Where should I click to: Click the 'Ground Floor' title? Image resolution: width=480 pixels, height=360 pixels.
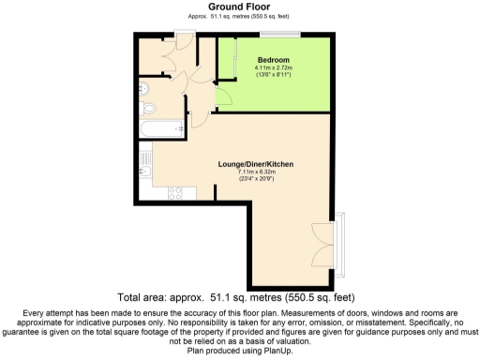point(239,7)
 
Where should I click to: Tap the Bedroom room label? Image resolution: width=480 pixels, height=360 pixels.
point(273,60)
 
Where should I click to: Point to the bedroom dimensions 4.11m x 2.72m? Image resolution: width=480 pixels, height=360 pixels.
point(274,68)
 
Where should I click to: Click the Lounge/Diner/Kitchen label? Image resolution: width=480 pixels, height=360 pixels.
point(255,164)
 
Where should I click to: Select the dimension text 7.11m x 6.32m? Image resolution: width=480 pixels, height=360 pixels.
point(255,172)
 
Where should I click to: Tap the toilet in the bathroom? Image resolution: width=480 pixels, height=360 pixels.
point(142,90)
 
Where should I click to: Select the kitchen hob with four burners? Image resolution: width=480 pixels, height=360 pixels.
point(175,193)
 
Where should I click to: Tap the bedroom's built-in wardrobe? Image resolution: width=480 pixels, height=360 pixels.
point(226,61)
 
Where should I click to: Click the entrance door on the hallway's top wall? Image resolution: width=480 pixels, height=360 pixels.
point(184,37)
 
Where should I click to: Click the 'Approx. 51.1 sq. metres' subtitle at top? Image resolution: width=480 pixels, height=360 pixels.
point(239,17)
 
